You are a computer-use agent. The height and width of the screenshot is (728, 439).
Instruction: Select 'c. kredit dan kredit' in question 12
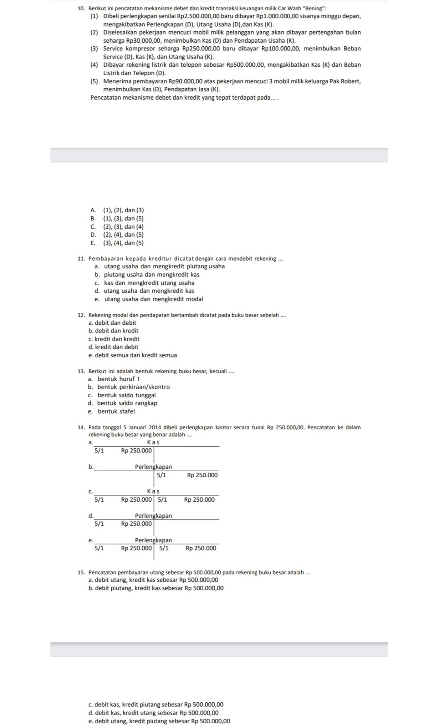pyautogui.click(x=114, y=339)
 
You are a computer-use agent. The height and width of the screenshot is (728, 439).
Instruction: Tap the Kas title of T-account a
pyautogui.click(x=153, y=442)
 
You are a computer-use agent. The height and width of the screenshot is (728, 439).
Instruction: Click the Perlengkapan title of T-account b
pyautogui.click(x=153, y=467)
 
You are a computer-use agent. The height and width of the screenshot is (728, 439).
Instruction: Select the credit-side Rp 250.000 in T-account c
pyautogui.click(x=199, y=500)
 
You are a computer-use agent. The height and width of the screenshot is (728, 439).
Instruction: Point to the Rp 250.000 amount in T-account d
pyautogui.click(x=136, y=524)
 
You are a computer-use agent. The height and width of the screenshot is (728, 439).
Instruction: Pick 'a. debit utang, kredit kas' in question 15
pyautogui.click(x=153, y=580)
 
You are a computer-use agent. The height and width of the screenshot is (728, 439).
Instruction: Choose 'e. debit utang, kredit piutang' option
pyautogui.click(x=159, y=721)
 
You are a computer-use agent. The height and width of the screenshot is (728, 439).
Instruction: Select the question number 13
pyautogui.click(x=80, y=371)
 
